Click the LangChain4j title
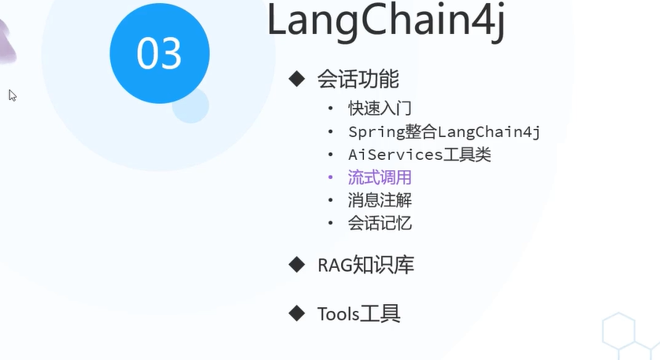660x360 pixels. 385,22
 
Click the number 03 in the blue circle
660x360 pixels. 160,54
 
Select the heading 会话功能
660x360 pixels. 358,79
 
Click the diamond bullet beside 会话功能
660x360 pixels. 296,78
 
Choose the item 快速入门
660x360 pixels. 380,109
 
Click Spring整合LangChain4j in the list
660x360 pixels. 444,132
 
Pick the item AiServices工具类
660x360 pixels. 420,154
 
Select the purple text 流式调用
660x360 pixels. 380,177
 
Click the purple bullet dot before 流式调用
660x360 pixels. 331,178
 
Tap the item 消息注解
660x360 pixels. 380,200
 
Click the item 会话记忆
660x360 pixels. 380,223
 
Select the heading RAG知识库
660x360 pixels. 365,265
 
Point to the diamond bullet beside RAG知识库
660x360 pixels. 296,264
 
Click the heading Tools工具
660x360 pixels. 359,314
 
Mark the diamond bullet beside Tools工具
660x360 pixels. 296,314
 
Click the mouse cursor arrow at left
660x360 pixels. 13,95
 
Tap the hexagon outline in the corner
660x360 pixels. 619,331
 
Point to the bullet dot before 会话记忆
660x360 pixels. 331,224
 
